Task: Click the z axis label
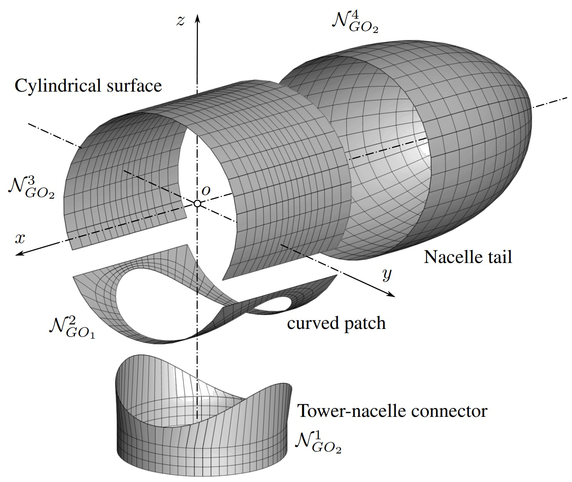click(180, 21)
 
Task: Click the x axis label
click(20, 239)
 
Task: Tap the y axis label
click(386, 276)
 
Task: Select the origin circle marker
click(197, 203)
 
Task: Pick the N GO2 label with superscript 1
click(317, 442)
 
